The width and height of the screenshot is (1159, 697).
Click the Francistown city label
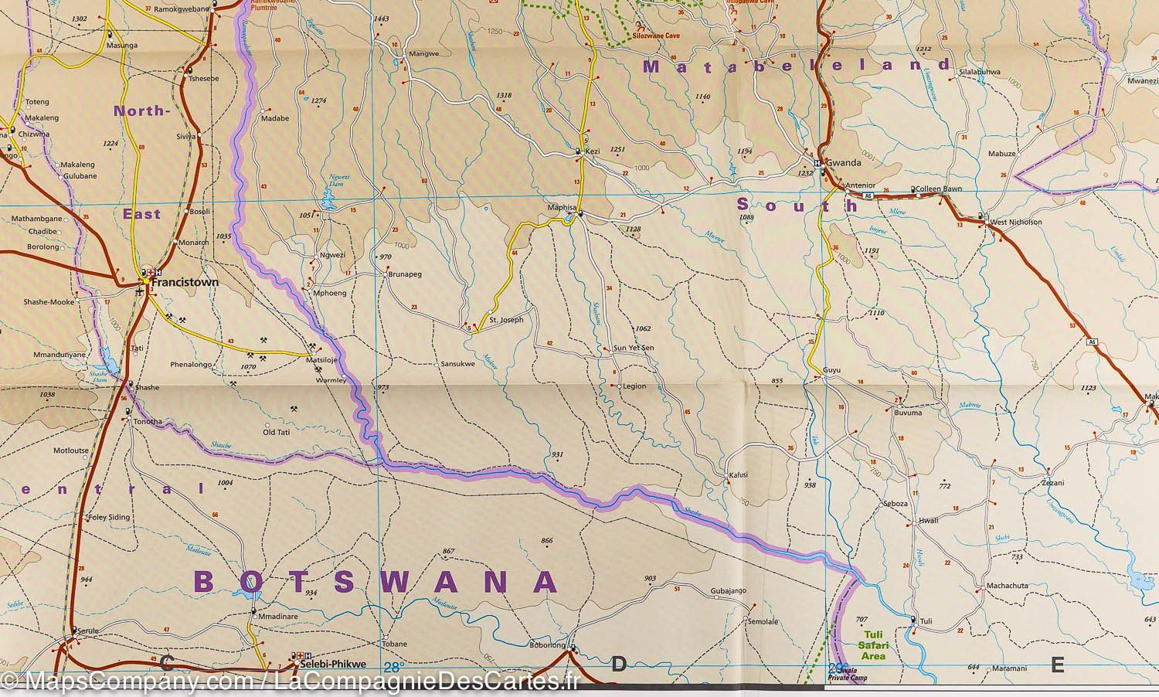[185, 283]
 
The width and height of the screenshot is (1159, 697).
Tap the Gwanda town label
[843, 164]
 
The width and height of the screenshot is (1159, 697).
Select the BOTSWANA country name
[375, 582]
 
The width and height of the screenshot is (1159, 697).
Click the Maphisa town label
[562, 207]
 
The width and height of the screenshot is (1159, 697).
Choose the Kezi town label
[593, 151]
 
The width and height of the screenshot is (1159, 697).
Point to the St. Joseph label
[507, 319]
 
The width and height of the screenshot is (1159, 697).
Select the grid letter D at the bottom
[618, 665]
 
